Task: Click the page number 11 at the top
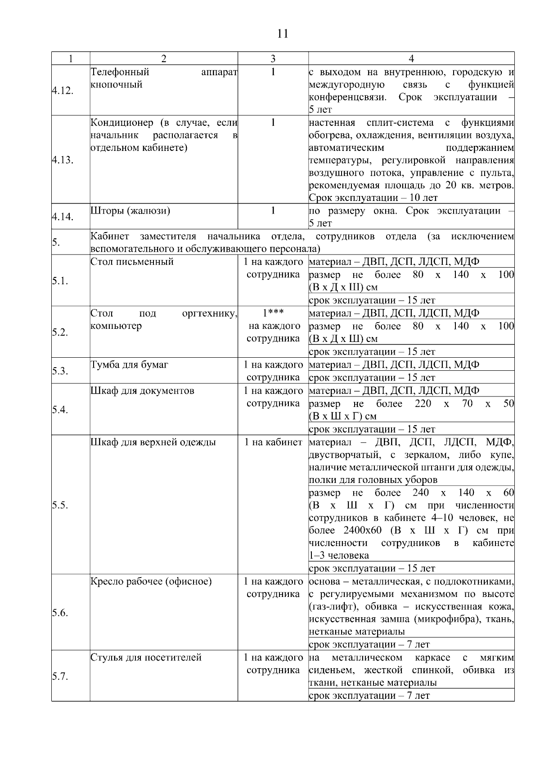(x=283, y=34)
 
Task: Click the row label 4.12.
(x=62, y=91)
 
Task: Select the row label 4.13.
(x=62, y=160)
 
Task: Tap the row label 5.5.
(x=59, y=505)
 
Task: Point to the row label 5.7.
(x=59, y=676)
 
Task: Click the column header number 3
(x=273, y=59)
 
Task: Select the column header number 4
(x=411, y=59)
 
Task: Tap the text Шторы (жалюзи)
(x=130, y=210)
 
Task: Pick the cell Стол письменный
(x=132, y=262)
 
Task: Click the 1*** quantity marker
(x=273, y=313)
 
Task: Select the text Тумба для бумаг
(x=129, y=364)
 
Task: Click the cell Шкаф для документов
(x=142, y=391)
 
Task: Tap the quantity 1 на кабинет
(x=273, y=442)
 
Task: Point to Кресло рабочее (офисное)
(x=151, y=581)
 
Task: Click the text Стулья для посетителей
(x=145, y=657)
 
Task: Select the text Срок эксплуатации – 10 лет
(x=373, y=198)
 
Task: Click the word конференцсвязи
(x=347, y=97)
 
